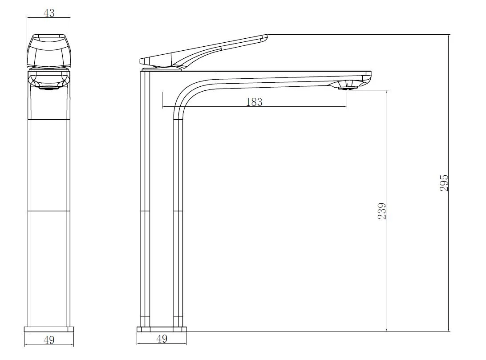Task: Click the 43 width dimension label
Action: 49,13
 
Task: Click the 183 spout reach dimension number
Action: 254,102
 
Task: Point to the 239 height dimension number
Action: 382,211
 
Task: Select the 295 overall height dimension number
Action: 444,183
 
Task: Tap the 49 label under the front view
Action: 49,340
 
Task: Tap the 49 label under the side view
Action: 162,339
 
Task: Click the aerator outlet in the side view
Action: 347,88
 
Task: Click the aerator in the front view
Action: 49,88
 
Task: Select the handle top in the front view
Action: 49,51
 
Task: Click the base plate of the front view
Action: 49,329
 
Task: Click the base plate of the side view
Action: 162,329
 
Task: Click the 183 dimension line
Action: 254,107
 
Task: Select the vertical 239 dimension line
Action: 386,211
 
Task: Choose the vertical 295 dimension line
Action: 449,183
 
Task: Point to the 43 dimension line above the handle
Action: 49,18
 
